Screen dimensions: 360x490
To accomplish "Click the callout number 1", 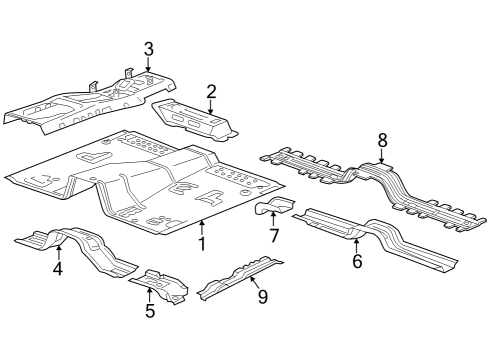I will click(x=202, y=243).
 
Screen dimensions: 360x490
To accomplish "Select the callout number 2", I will click(x=211, y=92).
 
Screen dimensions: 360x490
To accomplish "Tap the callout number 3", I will click(x=148, y=48).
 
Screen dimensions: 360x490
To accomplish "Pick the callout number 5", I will click(x=150, y=311).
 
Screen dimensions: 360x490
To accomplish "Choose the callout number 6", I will click(x=356, y=261).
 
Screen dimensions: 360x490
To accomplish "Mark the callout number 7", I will click(x=273, y=235).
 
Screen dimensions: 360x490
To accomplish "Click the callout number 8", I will click(x=382, y=139).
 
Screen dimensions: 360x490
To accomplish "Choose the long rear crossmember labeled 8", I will click(x=370, y=180).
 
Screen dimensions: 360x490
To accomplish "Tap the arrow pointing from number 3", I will click(x=148, y=66).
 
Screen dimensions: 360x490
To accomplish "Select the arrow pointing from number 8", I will click(x=382, y=155).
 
